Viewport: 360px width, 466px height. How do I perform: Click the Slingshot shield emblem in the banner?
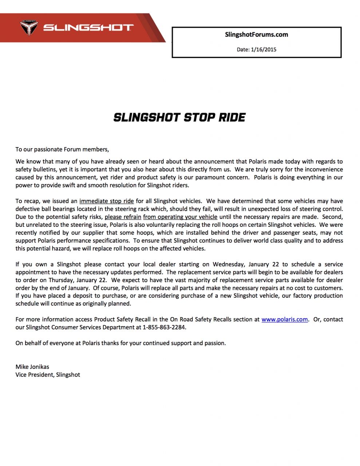(29, 28)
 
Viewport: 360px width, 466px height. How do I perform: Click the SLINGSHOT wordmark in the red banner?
(88, 28)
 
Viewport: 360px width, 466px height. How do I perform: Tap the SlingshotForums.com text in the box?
(256, 35)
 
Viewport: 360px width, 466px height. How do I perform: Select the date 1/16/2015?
(264, 50)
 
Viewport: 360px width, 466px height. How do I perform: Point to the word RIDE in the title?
(232, 117)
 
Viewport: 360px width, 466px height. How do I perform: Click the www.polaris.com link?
(285, 319)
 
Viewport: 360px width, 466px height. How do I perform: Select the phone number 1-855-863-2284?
(164, 327)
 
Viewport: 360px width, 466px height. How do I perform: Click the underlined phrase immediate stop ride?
(107, 201)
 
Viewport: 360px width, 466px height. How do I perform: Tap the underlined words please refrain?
(123, 217)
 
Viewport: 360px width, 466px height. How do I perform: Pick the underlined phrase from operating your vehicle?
(180, 217)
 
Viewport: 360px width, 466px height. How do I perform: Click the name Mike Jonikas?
(32, 367)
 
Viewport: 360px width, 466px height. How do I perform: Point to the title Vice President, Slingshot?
(48, 375)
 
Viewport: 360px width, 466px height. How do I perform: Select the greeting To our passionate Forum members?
(62, 149)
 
